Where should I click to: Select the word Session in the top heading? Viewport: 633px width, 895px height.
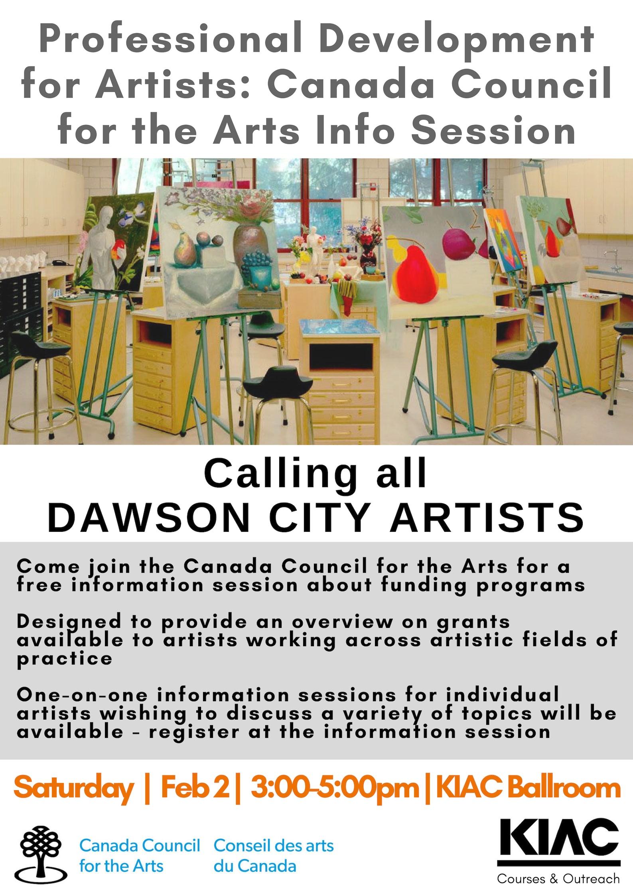tap(493, 130)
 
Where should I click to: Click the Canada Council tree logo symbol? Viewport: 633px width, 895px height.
tap(41, 847)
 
